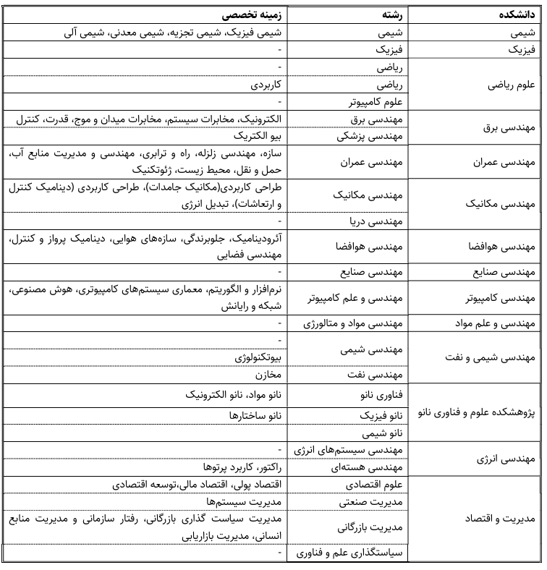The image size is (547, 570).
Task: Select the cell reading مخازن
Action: [268, 375]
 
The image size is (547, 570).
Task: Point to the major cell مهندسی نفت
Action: [381, 375]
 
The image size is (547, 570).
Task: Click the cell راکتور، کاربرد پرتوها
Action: [242, 467]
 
